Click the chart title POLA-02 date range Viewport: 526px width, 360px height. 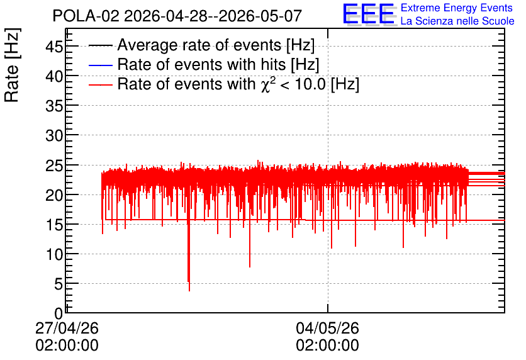coord(177,16)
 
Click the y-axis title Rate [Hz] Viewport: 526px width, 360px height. coord(12,65)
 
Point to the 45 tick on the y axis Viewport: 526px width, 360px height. coord(54,47)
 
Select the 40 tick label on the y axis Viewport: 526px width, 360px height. coord(54,76)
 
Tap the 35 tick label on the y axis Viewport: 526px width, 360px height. coord(54,106)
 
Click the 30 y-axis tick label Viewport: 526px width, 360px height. coord(54,135)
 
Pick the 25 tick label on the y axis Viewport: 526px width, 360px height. coord(54,166)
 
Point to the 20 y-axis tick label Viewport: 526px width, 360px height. coord(54,195)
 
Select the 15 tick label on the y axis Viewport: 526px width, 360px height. coord(54,225)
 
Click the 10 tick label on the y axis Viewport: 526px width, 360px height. coord(54,254)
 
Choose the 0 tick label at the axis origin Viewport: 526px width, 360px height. coord(59,313)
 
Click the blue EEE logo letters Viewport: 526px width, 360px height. coord(369,14)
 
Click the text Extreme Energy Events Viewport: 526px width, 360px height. coord(457,8)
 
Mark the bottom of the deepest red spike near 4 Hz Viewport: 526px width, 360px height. coord(189,291)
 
